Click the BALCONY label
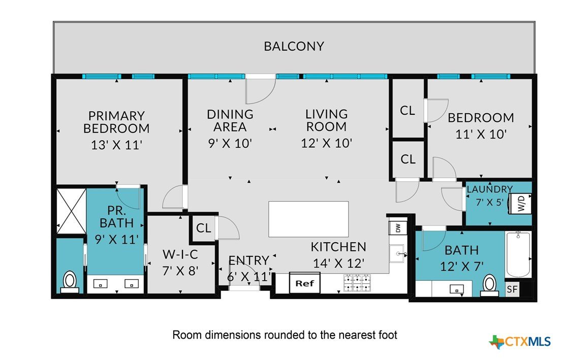pos(294,46)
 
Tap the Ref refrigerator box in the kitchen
pos(304,283)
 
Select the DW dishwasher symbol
pos(397,228)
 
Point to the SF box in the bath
pos(512,289)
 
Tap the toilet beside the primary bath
pos(70,281)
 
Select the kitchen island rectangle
pos(308,219)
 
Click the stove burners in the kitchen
pos(357,283)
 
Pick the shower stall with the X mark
pos(72,211)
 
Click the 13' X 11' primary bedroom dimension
pos(117,145)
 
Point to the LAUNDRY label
pos(489,189)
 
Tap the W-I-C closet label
pos(180,254)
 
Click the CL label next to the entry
pos(204,228)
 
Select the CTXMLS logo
pos(519,341)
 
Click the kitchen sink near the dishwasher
pos(397,253)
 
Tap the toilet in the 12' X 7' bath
pos(489,285)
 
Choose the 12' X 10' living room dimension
pos(326,143)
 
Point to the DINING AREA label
pos(230,121)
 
